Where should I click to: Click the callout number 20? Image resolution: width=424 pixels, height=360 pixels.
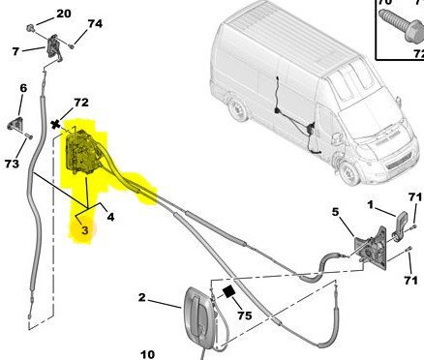coord(64,14)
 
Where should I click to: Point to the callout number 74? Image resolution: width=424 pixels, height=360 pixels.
coord(95,24)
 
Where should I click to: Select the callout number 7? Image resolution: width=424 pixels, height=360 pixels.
coord(15,51)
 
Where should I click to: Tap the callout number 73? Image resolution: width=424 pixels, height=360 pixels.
coord(12,164)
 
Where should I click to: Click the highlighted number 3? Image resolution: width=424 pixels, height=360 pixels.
coord(84,230)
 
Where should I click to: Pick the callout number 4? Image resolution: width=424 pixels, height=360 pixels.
coord(110,217)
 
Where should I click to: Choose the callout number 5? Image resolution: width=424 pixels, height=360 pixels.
coord(336,212)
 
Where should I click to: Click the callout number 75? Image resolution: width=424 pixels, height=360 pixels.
coord(244,315)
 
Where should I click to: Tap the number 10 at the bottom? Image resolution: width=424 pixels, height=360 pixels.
coord(148,355)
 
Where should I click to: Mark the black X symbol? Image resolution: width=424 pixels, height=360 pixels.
coord(56,124)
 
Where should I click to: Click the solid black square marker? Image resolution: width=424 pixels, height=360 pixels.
coord(228,291)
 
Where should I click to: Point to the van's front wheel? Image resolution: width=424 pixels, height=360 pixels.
coord(348,172)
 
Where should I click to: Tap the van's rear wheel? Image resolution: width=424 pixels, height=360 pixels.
coord(238,109)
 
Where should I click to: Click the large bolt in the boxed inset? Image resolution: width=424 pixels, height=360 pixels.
coord(401,26)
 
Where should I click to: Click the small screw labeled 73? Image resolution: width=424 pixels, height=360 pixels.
coord(29,136)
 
